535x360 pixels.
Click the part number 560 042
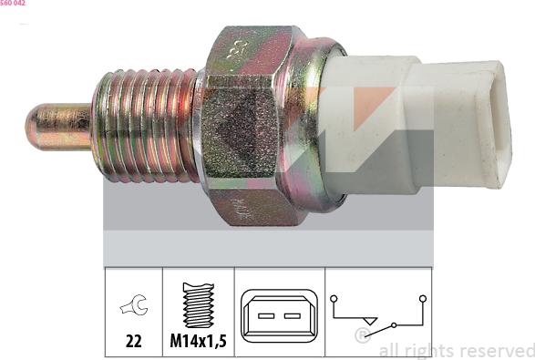point(13,4)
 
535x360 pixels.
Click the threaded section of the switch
point(146,125)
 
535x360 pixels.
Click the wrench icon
point(133,308)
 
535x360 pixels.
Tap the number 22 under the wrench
point(133,342)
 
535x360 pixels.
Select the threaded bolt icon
point(198,304)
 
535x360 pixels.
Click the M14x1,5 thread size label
point(198,342)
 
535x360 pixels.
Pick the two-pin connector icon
point(279,315)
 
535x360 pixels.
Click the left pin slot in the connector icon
point(265,315)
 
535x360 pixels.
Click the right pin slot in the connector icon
point(292,315)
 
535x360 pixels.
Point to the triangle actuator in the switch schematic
point(368,321)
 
